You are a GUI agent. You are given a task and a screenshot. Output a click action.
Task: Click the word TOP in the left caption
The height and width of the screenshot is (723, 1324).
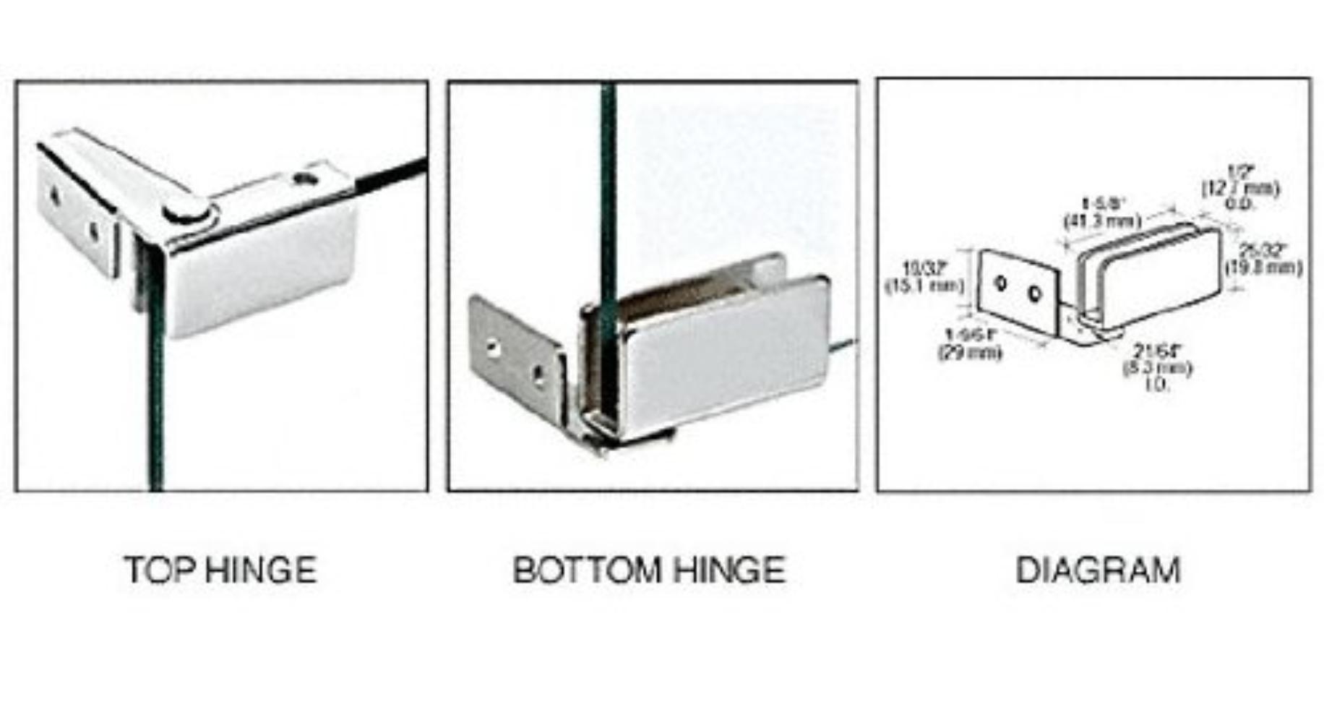[159, 570]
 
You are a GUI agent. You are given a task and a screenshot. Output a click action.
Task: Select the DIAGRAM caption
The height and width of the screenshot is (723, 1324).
[1097, 570]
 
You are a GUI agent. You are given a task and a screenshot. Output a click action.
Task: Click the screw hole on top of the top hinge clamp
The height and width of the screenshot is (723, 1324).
[305, 178]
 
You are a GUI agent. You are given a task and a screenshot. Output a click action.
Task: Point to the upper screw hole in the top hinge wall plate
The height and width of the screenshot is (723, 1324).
[54, 194]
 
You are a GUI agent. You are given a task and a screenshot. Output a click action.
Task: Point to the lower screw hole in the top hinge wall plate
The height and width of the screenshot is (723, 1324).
[94, 231]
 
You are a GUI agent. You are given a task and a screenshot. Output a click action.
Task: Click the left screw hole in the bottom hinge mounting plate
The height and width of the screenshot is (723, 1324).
[493, 349]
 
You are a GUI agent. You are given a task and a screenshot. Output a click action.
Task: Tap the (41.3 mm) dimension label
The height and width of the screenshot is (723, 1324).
[1102, 221]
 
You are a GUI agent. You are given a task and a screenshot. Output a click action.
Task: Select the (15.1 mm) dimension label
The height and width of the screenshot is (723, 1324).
[925, 286]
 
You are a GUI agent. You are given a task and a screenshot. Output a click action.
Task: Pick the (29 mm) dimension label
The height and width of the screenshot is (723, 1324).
[970, 353]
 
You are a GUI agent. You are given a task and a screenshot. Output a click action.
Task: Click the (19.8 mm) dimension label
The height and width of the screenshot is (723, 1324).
[1263, 268]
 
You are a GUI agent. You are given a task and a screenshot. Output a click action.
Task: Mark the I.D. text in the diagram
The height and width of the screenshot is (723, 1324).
[1156, 384]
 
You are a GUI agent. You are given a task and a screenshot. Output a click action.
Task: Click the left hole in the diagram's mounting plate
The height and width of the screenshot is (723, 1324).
[1001, 283]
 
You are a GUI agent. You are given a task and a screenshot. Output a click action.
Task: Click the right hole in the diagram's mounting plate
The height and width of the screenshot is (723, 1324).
[1034, 294]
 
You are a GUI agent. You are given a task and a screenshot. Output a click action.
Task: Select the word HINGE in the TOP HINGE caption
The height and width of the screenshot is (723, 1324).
[261, 570]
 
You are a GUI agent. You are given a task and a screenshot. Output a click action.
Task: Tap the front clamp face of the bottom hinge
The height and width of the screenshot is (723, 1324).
[723, 354]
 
